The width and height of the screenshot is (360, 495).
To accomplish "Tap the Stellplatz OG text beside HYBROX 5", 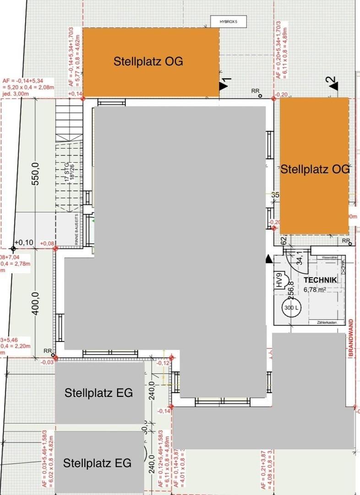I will [148, 61].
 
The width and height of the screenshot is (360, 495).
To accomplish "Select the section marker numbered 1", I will [225, 84].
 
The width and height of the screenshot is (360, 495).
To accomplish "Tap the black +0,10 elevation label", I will [24, 242].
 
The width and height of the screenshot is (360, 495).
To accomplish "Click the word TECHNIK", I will [321, 280].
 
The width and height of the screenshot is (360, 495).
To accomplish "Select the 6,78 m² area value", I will [315, 290].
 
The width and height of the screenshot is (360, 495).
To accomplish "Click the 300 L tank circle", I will [291, 308].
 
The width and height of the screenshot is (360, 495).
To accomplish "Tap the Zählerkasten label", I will [327, 323].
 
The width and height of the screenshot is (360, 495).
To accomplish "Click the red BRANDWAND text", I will [351, 339].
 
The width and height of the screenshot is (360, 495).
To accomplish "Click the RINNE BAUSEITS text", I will [76, 229].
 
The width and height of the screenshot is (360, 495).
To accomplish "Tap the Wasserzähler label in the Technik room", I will [330, 258].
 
